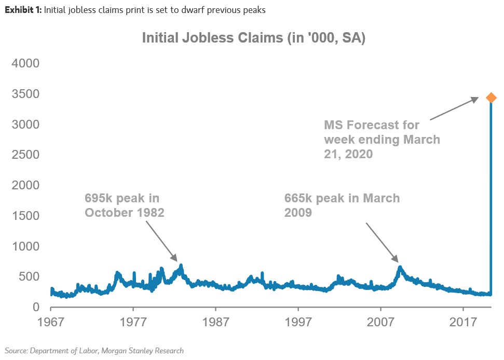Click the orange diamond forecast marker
[491, 98]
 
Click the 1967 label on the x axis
[51, 323]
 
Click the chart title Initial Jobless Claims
[254, 39]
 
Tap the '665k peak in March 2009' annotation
[342, 205]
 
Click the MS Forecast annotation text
[382, 140]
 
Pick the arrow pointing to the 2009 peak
[382, 242]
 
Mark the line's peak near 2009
[400, 267]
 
